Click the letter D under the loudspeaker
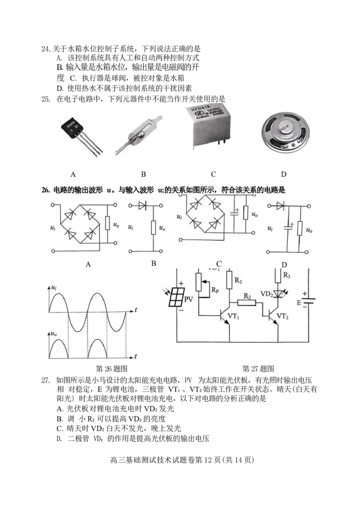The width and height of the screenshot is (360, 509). pos(283,174)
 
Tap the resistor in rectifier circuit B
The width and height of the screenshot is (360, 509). pos(153,228)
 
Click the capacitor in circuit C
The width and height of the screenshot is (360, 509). pos(234,213)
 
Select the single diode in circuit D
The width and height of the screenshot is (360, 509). pos(280,205)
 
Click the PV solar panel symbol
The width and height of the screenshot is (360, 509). pos(176,297)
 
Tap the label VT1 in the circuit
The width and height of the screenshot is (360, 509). pos(233,316)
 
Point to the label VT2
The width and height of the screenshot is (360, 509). pos(282,316)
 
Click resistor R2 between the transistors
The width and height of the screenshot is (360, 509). pos(247,303)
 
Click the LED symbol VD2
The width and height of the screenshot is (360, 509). pos(278,294)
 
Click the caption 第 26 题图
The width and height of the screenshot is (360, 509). pos(112,369)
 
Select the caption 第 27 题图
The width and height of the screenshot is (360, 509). pos(258,369)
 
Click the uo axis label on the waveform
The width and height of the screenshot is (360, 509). pos(54,334)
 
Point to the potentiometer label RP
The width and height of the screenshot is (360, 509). pos(215,290)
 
